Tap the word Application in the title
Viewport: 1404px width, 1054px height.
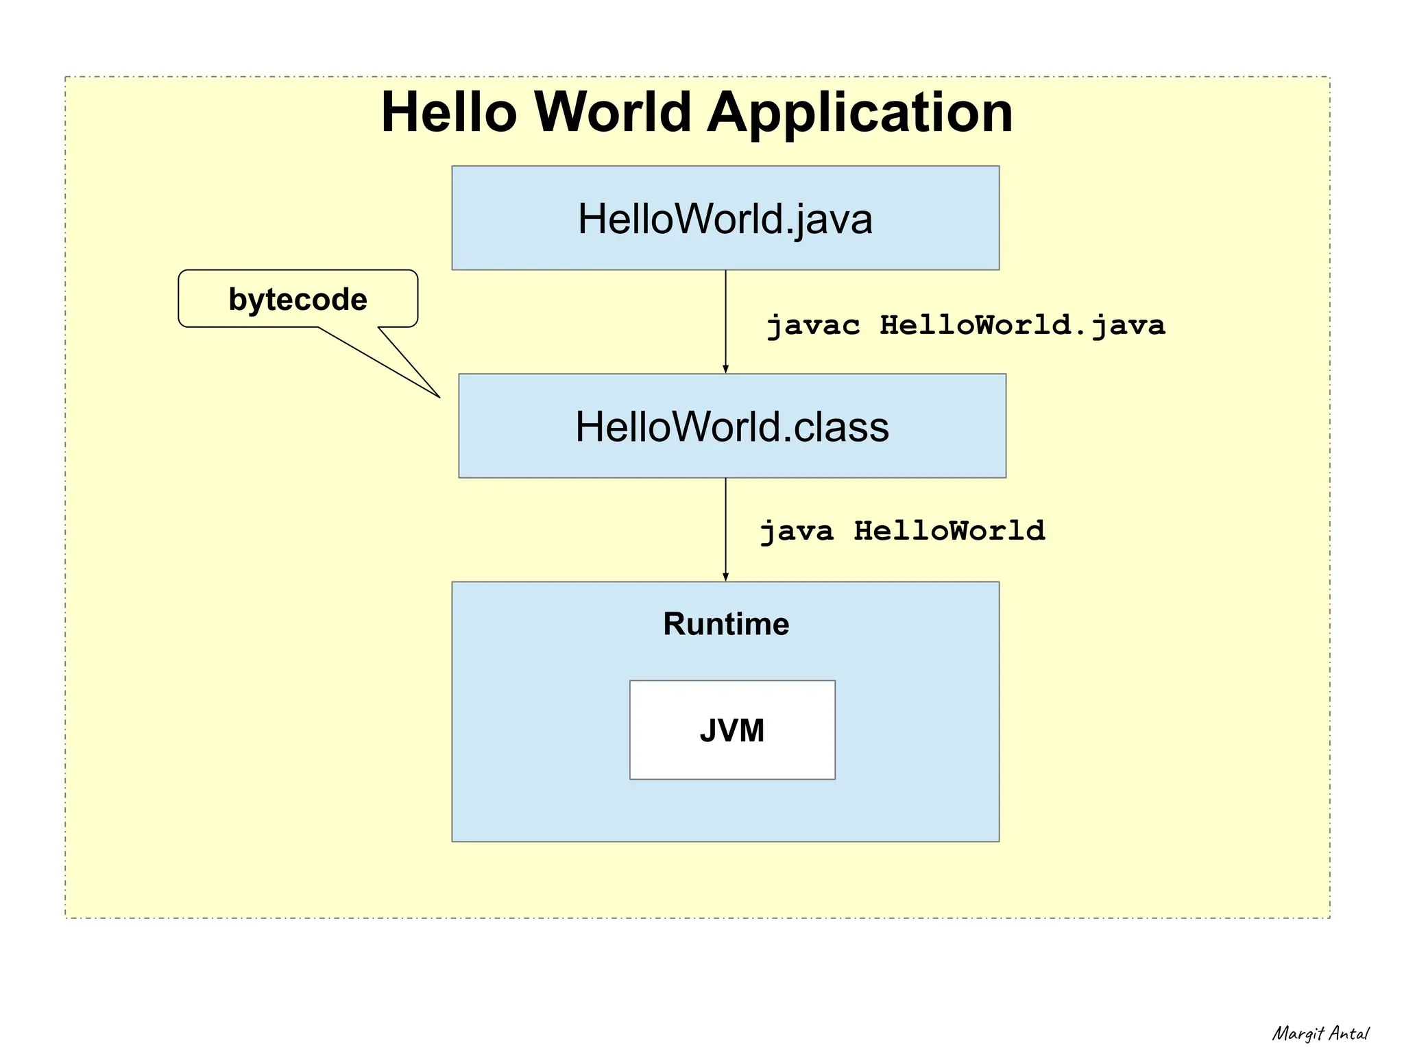coord(860,113)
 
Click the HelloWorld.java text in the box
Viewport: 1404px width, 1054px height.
coord(725,219)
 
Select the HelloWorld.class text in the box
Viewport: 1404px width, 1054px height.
coord(731,427)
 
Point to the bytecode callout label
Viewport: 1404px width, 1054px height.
coord(298,300)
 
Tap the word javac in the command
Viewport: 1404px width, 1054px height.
coord(812,325)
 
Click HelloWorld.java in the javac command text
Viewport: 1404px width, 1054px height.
coord(1022,325)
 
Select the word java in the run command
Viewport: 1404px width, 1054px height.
coord(797,531)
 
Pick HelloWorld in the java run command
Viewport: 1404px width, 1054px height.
coord(949,531)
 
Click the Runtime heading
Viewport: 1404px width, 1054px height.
coord(725,624)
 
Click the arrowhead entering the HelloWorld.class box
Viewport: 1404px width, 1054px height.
coord(725,370)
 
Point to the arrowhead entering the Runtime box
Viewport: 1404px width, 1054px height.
coord(725,577)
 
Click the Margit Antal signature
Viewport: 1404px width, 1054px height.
coord(1320,1033)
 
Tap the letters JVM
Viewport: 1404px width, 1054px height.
coord(731,730)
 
